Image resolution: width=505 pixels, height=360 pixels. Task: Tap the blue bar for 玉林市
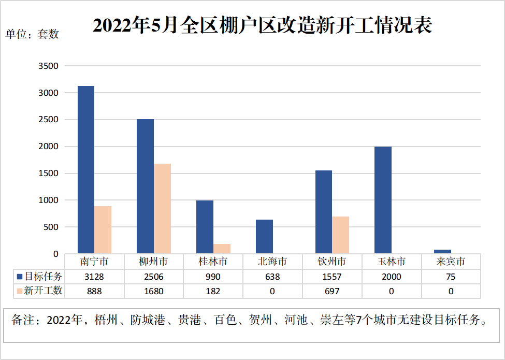pos(383,200)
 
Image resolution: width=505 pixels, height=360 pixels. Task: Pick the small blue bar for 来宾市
pos(443,252)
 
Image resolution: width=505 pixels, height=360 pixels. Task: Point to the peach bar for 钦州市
pos(340,235)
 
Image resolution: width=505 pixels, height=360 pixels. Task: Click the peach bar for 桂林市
pos(222,249)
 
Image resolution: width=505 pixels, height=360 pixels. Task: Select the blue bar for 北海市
pos(264,237)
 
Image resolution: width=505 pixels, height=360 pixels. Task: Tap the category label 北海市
pos(272,262)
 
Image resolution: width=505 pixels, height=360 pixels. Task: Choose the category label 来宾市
pos(451,262)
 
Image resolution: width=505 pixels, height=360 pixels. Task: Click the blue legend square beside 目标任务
pos(20,277)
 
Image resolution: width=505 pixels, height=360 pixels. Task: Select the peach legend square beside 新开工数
pos(20,291)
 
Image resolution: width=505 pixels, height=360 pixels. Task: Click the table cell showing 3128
pos(94,277)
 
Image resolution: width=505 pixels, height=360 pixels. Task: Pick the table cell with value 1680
pos(153,291)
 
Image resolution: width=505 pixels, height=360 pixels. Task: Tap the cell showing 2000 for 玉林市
pos(392,277)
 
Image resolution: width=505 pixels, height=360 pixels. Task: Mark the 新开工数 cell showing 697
pos(332,291)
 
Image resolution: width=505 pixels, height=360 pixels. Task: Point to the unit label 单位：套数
pos(32,34)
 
